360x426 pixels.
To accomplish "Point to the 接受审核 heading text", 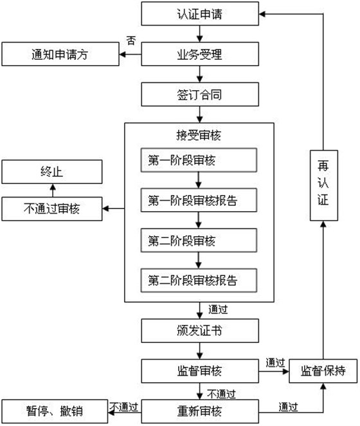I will [x=199, y=134].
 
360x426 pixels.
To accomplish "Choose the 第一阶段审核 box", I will [x=199, y=160].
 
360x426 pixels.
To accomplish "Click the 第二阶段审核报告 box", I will [x=199, y=281].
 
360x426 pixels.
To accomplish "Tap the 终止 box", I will [x=52, y=172].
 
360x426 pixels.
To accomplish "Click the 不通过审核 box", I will [x=52, y=208].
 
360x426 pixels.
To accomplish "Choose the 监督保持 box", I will [x=323, y=371].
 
